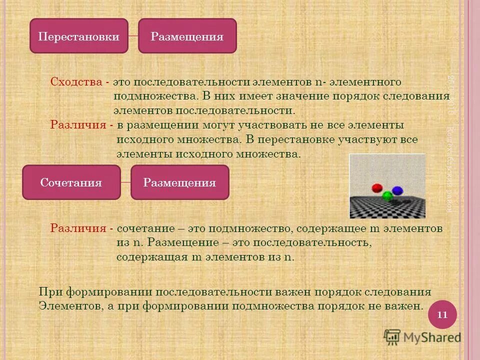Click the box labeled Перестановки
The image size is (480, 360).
tap(79, 36)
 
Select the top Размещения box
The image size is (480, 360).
tap(187, 36)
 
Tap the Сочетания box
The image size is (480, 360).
tap(71, 182)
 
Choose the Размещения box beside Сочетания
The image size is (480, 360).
tap(179, 182)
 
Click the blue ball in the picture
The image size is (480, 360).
tap(397, 190)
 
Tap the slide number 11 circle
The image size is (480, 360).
tap(442, 314)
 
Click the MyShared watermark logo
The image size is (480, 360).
tap(422, 337)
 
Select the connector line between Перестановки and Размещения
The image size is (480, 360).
tap(133, 36)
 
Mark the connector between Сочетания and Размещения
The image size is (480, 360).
tap(125, 182)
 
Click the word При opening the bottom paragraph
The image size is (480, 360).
tap(49, 292)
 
